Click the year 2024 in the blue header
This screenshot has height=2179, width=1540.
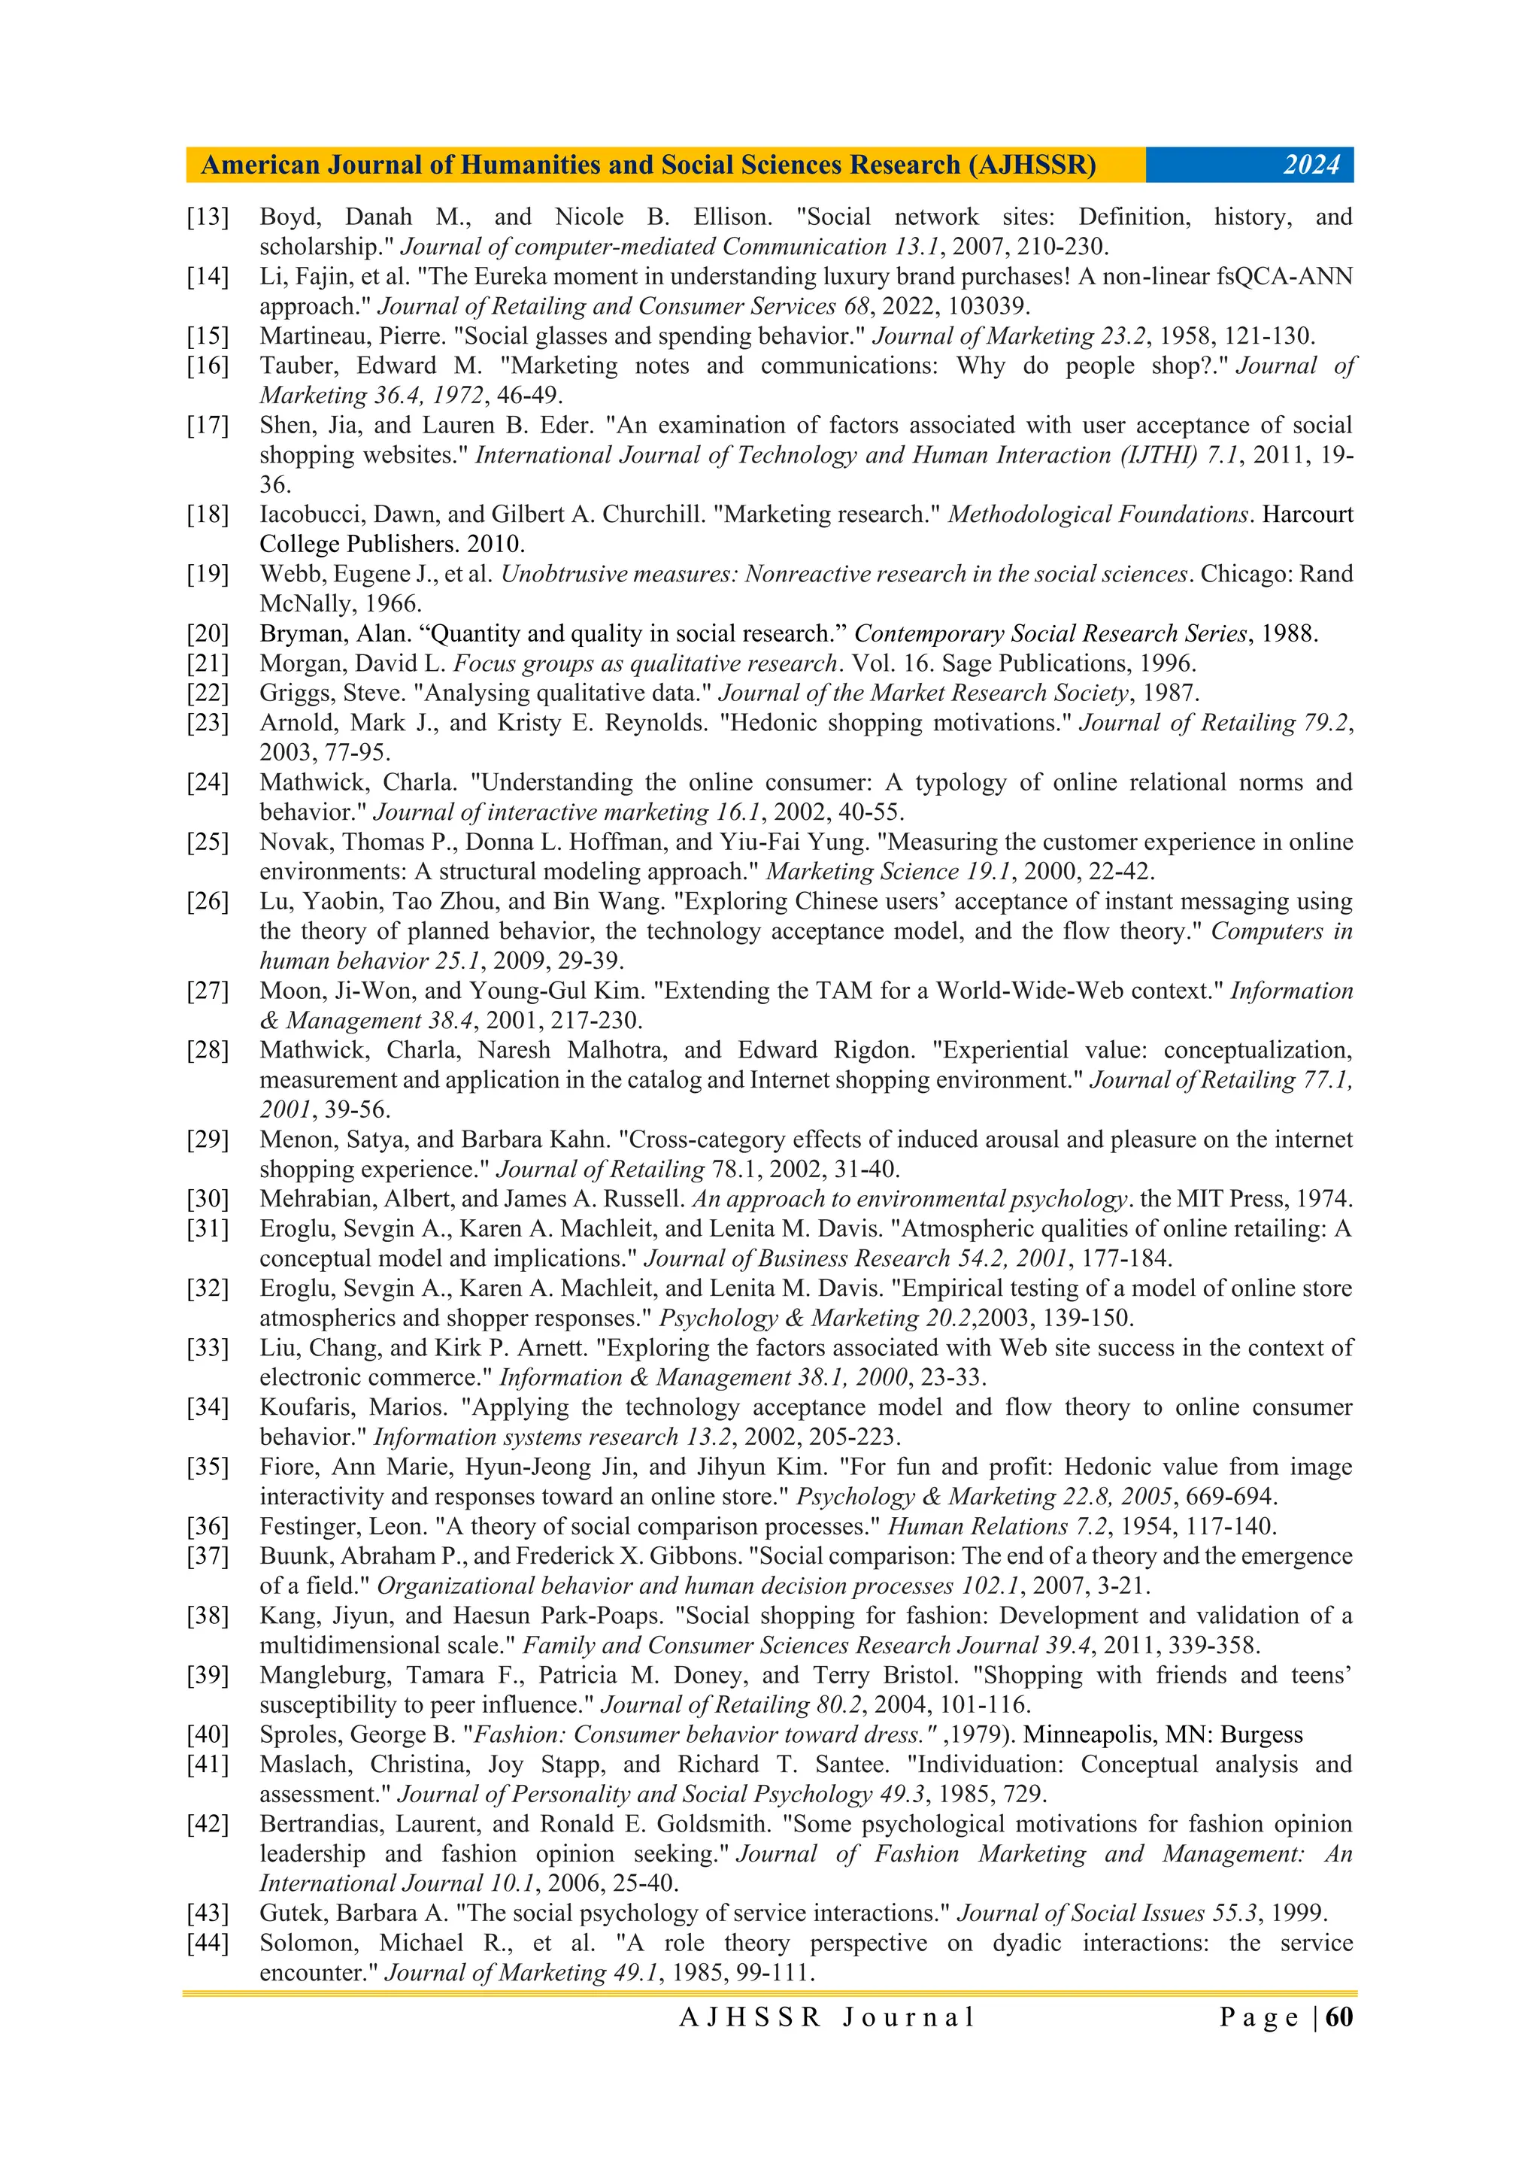pos(1311,165)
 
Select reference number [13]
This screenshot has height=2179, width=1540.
pos(208,217)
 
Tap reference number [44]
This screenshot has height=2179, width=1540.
pos(208,1943)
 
